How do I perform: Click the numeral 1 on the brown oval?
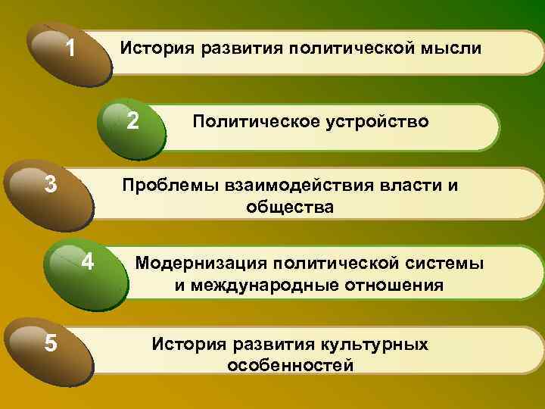click(70, 50)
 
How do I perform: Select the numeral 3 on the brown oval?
click(51, 185)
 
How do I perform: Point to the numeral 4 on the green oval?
click(88, 262)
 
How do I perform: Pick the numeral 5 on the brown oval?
click(51, 343)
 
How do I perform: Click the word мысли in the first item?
click(449, 49)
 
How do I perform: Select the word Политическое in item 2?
click(248, 122)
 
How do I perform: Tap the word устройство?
click(369, 122)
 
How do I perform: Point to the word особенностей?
click(290, 366)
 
